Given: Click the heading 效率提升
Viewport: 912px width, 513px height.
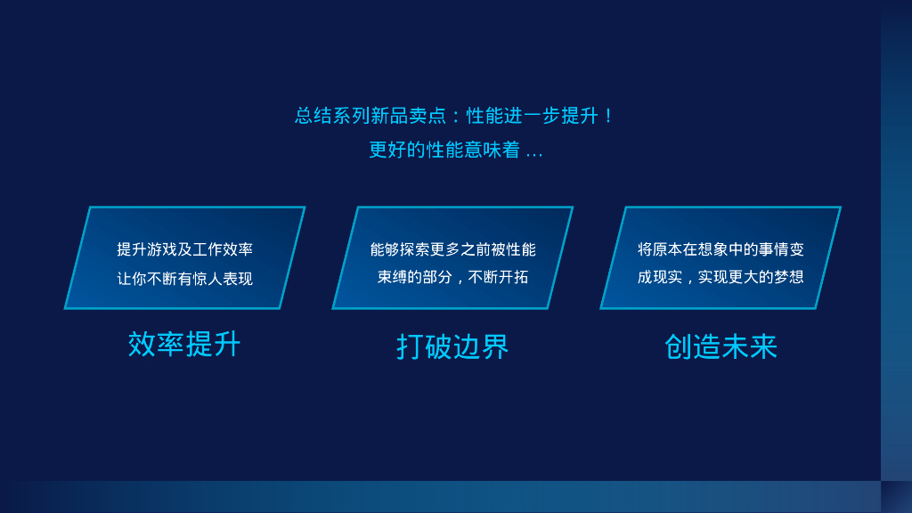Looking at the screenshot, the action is [x=184, y=344].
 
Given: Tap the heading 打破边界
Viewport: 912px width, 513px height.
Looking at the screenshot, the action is [x=452, y=346].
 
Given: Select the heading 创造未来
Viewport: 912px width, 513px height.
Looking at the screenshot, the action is [x=721, y=346].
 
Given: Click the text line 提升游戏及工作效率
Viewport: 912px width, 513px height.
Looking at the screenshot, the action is [x=185, y=249].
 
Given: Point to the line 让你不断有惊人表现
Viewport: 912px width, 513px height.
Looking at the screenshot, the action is [x=185, y=279].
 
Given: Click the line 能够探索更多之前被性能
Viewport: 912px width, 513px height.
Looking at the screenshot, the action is [x=453, y=249].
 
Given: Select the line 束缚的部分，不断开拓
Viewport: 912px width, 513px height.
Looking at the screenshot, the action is [x=453, y=277].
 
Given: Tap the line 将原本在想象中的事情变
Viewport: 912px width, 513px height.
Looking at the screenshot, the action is [x=721, y=249].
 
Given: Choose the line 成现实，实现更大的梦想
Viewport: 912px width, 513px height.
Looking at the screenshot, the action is [x=721, y=277].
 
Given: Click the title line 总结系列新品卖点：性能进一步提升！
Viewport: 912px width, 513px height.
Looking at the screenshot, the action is [x=454, y=116].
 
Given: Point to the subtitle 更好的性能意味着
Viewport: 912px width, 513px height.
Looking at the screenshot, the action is [x=444, y=150].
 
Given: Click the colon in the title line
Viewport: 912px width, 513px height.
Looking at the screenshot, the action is [x=457, y=117].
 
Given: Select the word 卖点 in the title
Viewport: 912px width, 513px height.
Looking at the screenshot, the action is [x=427, y=116].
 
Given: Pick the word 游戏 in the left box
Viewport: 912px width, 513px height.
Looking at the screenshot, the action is [x=162, y=249].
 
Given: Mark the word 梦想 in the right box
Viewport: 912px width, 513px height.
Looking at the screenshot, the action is [x=789, y=277].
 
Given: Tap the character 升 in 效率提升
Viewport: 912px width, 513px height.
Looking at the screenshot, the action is [x=227, y=344].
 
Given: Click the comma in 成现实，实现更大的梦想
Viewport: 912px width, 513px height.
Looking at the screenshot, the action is [x=688, y=281].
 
